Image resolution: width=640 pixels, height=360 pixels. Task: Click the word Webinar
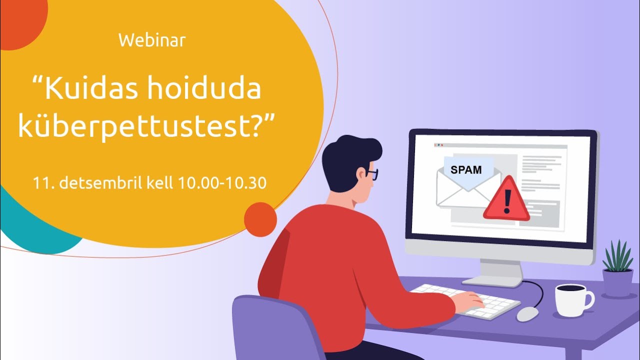point(152,40)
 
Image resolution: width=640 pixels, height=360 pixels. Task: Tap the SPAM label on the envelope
point(466,169)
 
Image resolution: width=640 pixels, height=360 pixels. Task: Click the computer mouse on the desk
point(527,313)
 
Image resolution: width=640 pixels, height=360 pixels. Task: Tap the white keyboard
point(465,300)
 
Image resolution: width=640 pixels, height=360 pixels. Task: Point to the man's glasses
point(372,174)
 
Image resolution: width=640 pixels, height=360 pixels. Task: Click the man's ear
point(361,173)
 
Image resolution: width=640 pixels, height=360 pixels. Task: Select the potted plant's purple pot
point(617,282)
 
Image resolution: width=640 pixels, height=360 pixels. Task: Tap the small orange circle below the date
point(260,219)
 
